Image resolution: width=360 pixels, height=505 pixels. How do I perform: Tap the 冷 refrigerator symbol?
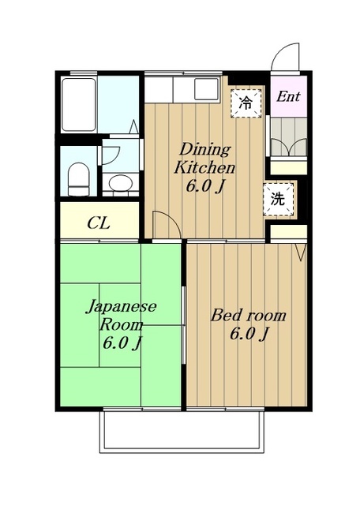tap(246, 102)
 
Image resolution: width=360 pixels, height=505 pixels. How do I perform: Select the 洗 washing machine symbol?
tap(278, 199)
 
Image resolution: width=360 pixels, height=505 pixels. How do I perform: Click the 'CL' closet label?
tap(99, 223)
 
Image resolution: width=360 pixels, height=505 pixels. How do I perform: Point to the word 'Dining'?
tap(204, 149)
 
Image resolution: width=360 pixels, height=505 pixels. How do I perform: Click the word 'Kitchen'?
tap(204, 168)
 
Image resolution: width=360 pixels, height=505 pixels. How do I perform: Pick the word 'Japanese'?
tap(121, 306)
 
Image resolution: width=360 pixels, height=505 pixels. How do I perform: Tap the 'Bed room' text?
tap(247, 316)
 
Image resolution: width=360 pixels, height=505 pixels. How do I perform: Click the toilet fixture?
tap(78, 178)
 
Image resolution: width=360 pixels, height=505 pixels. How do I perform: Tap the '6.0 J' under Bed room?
tap(248, 335)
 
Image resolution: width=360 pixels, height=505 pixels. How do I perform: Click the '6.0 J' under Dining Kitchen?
tap(204, 188)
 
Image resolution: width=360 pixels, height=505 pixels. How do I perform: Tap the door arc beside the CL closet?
tap(161, 223)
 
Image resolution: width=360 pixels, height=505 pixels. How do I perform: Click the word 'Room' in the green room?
tap(121, 324)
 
